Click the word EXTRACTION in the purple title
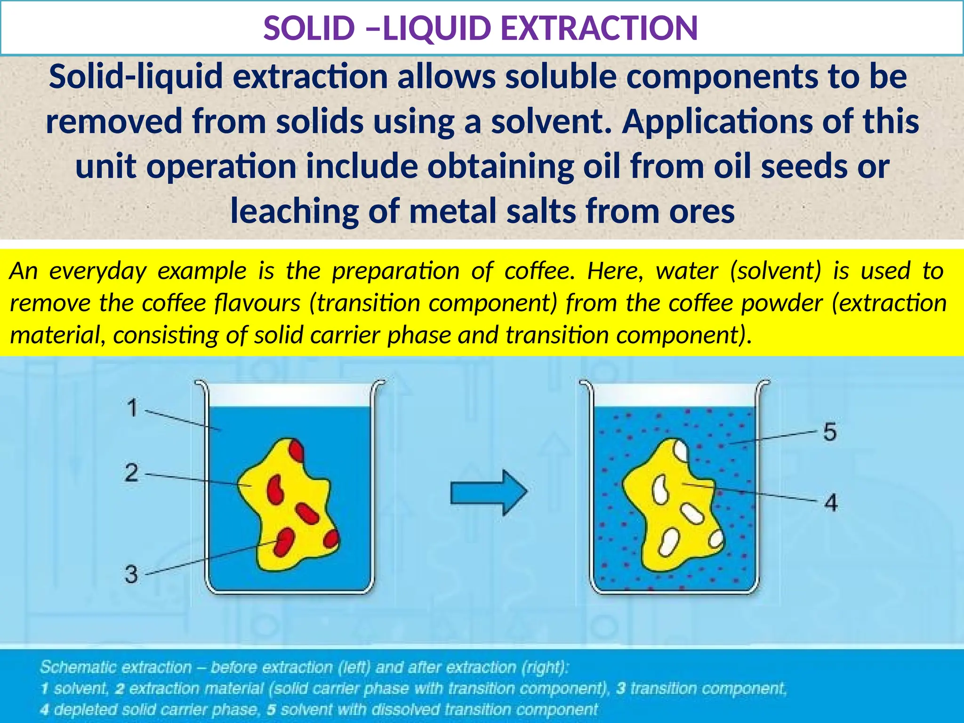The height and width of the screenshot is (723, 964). [599, 28]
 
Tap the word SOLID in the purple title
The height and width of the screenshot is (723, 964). [309, 28]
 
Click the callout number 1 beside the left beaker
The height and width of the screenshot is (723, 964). [133, 408]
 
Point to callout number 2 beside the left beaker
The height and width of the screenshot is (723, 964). [132, 472]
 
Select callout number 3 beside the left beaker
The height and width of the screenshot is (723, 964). [131, 574]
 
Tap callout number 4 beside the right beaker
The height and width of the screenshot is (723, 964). [831, 503]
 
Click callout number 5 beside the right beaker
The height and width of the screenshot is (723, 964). [830, 432]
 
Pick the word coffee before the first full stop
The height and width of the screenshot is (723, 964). [538, 271]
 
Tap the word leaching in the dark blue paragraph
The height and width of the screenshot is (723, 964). [295, 211]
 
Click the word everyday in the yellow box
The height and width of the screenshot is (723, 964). [98, 271]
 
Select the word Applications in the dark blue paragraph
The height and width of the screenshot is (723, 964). [717, 121]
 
